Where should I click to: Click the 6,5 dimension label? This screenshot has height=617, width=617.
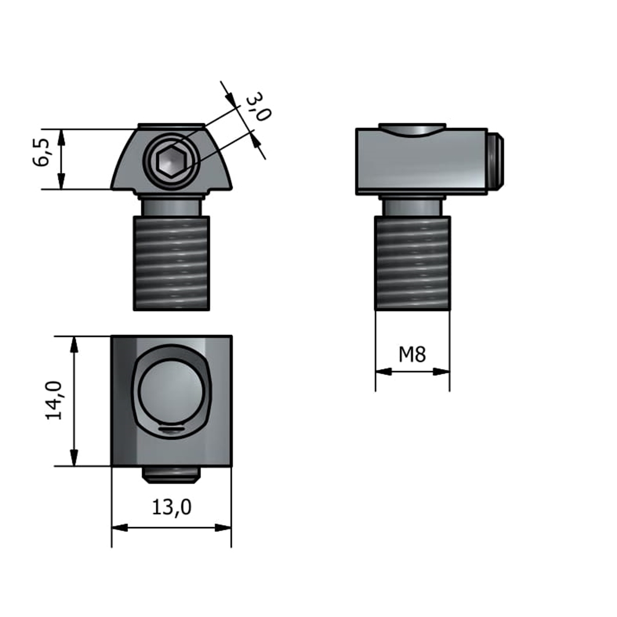pos(42,153)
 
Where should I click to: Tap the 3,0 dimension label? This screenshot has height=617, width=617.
pos(259,107)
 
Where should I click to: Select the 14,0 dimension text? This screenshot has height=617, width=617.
pos(54,400)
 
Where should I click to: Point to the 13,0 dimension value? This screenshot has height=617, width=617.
pos(172,507)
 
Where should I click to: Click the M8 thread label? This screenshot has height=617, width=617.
pos(412,355)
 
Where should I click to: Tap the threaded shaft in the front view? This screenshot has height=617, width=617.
pos(172,263)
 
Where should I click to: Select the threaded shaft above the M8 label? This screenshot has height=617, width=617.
pos(412,263)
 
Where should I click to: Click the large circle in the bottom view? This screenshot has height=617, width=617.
pos(172,389)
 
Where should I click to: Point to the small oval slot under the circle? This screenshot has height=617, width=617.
pos(172,429)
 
